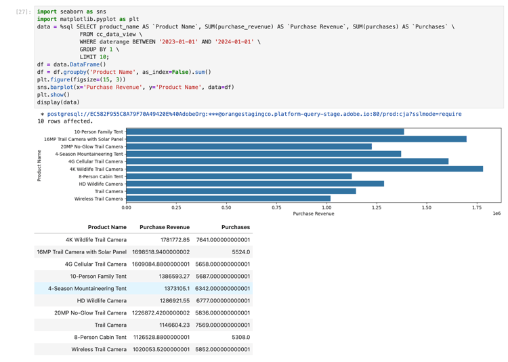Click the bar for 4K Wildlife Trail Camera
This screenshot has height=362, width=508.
tap(304, 169)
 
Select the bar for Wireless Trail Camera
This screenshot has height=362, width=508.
tap(228, 199)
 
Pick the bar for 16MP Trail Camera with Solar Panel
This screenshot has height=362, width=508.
tap(296, 139)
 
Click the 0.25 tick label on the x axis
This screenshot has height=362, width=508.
tap(176, 207)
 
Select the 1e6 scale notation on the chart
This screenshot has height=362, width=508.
tap(496, 214)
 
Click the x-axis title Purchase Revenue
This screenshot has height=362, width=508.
tap(314, 214)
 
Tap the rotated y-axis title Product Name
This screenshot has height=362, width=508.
tap(39, 165)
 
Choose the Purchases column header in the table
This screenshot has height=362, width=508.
tap(235, 227)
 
